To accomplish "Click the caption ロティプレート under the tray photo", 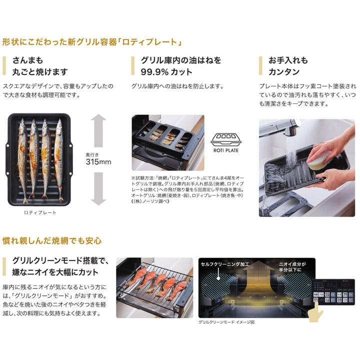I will click(x=40, y=212).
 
